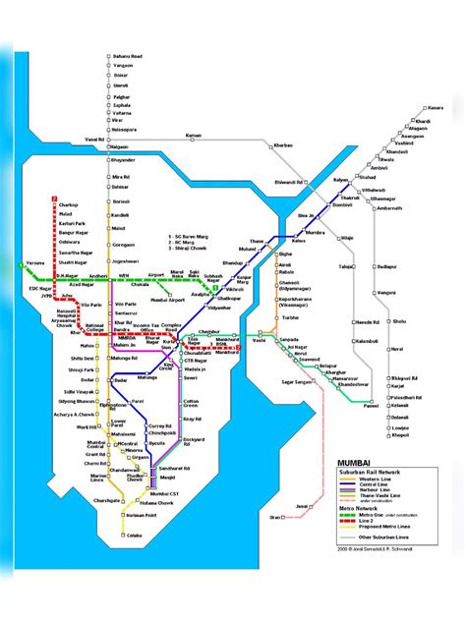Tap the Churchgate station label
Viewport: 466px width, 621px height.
click(x=107, y=499)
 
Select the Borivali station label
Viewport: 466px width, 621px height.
click(x=120, y=200)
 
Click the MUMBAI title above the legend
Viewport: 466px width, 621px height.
click(x=354, y=462)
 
